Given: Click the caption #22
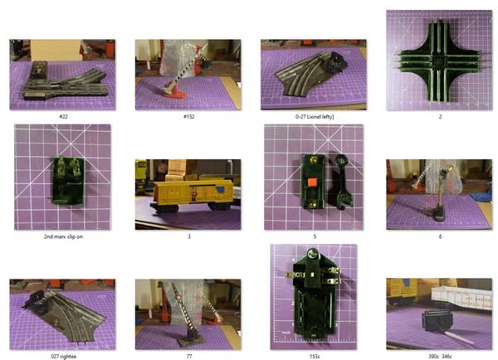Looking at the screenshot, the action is click(64, 116).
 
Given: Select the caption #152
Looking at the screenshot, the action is click(189, 116).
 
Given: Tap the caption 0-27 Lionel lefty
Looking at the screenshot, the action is click(315, 116).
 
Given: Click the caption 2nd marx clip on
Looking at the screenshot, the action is click(63, 236).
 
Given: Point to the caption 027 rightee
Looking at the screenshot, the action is click(64, 356).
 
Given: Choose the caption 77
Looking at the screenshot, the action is click(189, 356).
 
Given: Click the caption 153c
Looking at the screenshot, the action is click(315, 356).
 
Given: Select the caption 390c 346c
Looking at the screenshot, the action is click(440, 356).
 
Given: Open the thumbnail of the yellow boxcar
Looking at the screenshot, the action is click(188, 194).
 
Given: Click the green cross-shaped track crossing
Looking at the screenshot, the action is click(439, 61).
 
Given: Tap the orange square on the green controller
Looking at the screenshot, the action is click(311, 182).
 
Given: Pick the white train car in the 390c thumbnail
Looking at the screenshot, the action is click(461, 297).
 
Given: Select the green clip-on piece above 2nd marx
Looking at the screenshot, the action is click(68, 180).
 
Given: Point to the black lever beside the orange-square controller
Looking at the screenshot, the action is click(340, 181).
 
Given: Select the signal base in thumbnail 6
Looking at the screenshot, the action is click(438, 214).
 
